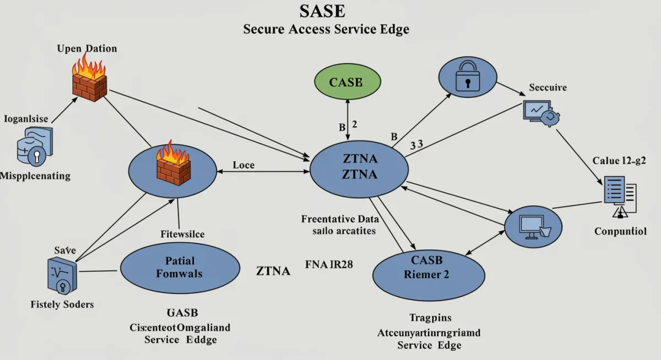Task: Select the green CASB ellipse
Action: pyautogui.click(x=346, y=83)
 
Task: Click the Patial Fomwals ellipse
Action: pyautogui.click(x=180, y=267)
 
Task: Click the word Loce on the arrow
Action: pyautogui.click(x=243, y=165)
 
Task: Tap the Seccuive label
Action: pyautogui.click(x=548, y=88)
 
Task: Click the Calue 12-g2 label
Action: pyautogui.click(x=619, y=161)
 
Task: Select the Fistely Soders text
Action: pyautogui.click(x=62, y=304)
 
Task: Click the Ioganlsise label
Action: pyautogui.click(x=26, y=118)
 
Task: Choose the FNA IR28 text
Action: pyautogui.click(x=329, y=264)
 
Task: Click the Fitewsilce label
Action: pyautogui.click(x=182, y=234)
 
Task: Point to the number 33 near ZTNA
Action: pyautogui.click(x=416, y=144)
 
